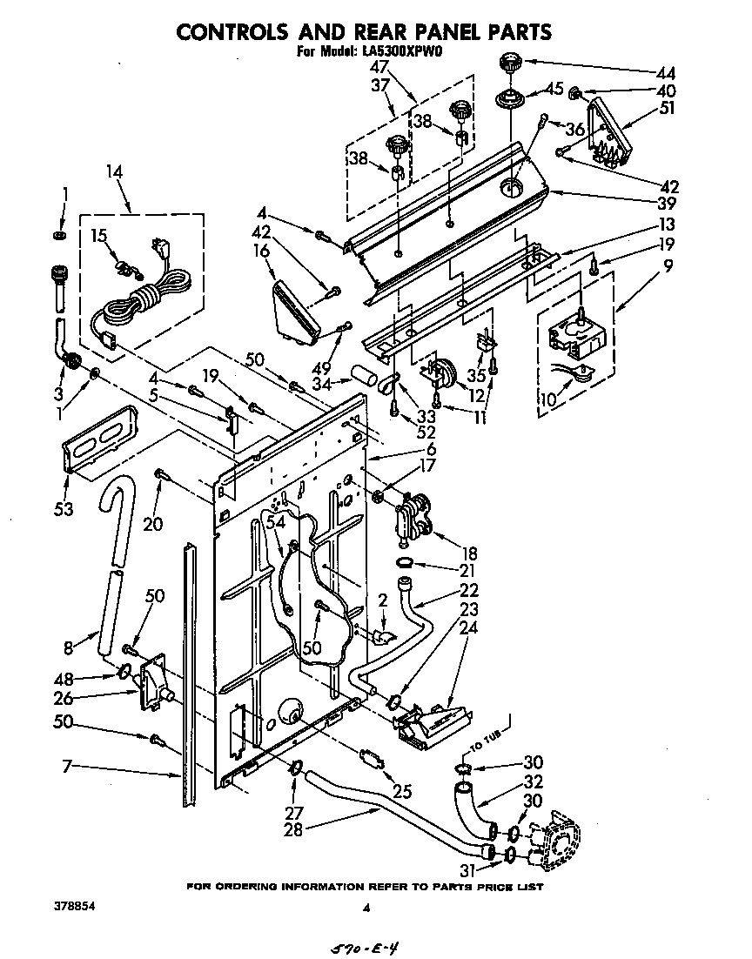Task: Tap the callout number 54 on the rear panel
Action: tap(276, 522)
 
